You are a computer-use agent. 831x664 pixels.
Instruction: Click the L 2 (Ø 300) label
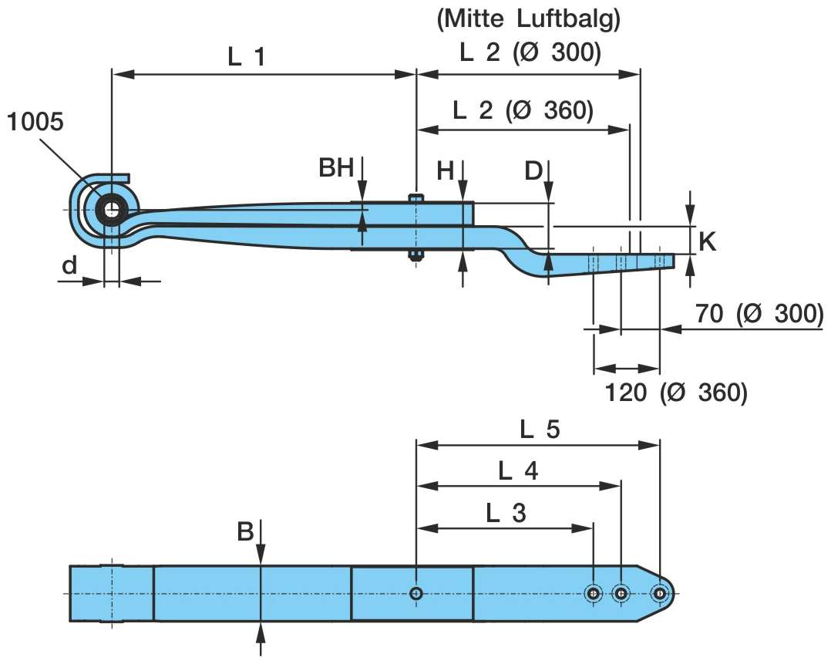[x=530, y=54]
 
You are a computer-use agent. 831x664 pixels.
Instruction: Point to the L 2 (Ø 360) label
[x=523, y=110]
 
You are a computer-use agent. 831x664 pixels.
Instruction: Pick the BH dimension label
[x=336, y=169]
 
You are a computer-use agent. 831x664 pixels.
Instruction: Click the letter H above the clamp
[x=445, y=171]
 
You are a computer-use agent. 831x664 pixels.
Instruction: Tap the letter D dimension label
[x=533, y=171]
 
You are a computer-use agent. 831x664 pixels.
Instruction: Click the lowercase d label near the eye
[x=69, y=265]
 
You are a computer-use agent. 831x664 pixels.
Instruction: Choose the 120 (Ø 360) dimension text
[x=675, y=393]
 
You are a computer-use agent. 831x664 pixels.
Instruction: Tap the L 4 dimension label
[x=518, y=470]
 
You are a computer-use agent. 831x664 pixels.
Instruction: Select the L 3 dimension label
[x=506, y=513]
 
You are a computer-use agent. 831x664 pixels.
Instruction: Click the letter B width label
[x=245, y=532]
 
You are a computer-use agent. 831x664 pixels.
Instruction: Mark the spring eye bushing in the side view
[x=113, y=209]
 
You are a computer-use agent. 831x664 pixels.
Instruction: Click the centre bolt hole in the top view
[x=416, y=593]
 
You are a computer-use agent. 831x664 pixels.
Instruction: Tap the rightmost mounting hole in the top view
[x=659, y=593]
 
